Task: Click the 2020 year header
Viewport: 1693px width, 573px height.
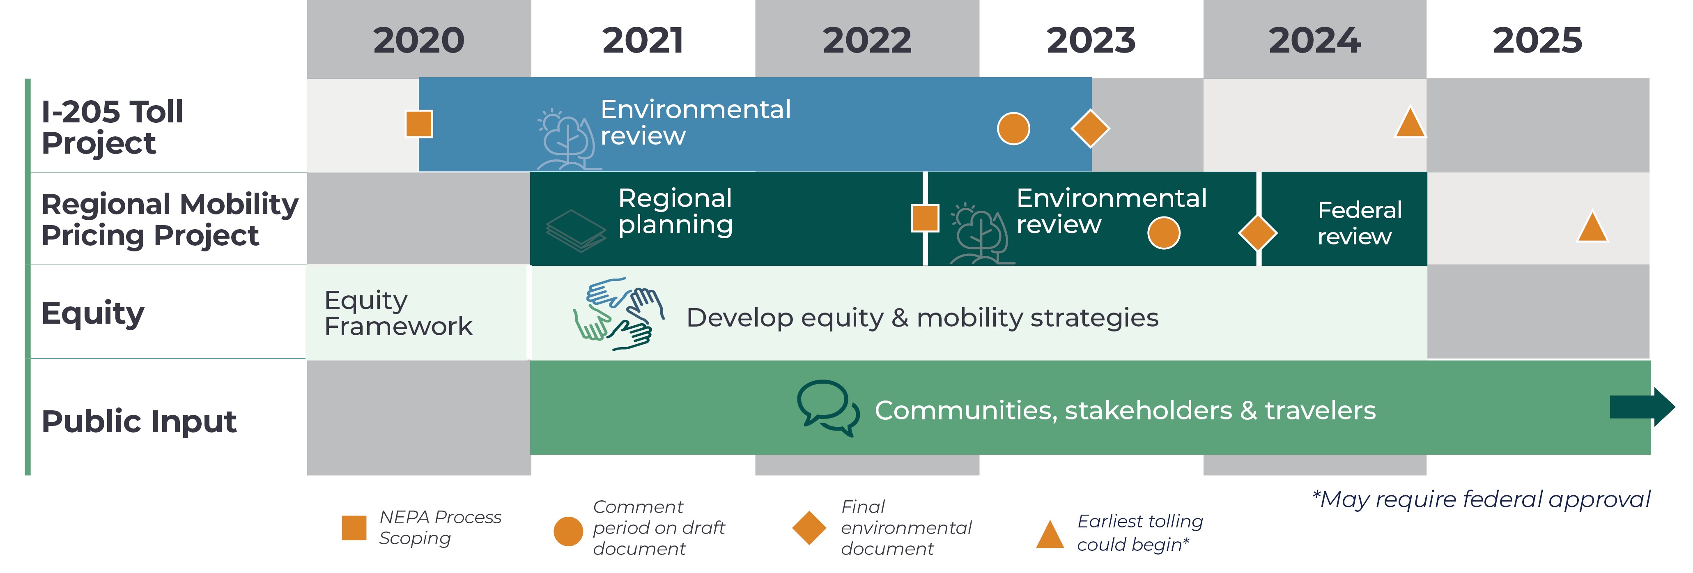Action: coord(419,40)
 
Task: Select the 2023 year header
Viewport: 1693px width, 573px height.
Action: coord(1091,40)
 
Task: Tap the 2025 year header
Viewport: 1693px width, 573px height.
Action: coord(1537,40)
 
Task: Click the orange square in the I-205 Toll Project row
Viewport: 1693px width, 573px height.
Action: coord(419,124)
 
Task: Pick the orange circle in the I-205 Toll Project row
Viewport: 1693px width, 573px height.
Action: coord(1013,128)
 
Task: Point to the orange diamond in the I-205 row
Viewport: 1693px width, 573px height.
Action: coord(1090,128)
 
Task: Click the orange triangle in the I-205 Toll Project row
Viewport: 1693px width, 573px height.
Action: coord(1410,122)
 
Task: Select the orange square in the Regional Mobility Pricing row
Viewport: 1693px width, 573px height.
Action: coord(925,218)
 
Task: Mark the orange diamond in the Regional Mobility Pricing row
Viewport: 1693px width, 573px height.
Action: coord(1257,232)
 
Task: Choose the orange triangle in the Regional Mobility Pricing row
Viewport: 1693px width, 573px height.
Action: coord(1592,227)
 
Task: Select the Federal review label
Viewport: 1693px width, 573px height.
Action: coord(1359,223)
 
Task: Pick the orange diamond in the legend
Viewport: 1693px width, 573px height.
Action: coord(809,528)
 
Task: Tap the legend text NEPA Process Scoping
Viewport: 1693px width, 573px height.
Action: coord(440,527)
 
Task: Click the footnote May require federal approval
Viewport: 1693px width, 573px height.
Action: coord(1481,499)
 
